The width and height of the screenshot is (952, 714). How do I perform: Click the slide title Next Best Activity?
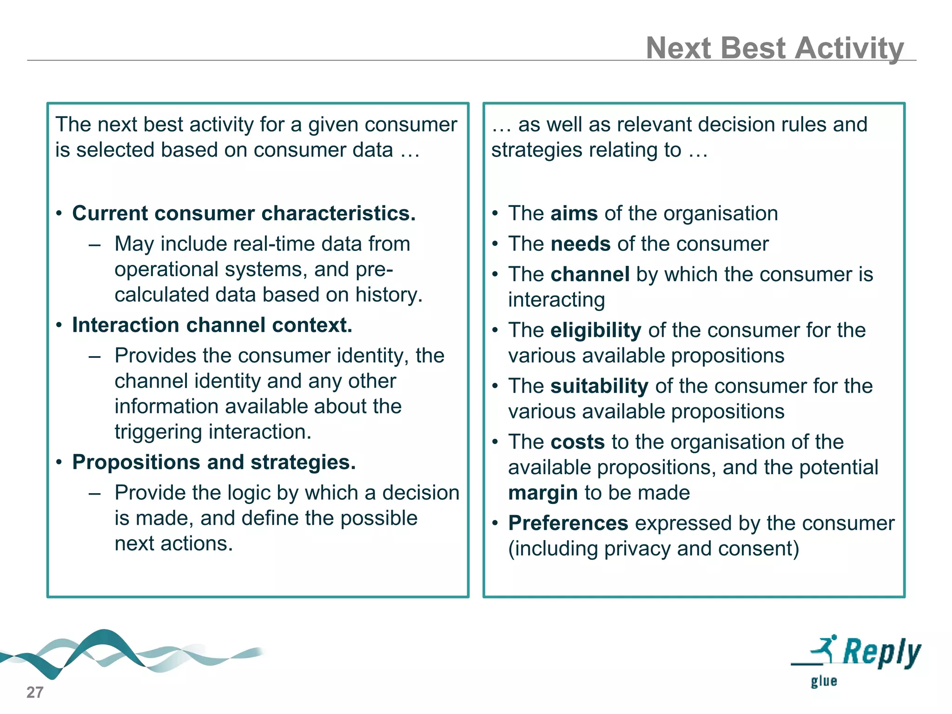[x=774, y=48]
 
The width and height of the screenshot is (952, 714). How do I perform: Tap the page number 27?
[x=35, y=692]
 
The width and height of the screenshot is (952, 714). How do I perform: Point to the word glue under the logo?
[x=824, y=681]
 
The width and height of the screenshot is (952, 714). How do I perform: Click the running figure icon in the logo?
[x=825, y=648]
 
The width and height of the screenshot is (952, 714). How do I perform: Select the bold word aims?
[x=574, y=213]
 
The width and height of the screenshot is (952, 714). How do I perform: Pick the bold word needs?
[x=580, y=244]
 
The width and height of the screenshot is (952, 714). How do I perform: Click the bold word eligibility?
[x=595, y=330]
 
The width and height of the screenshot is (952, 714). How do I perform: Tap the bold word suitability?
[x=599, y=386]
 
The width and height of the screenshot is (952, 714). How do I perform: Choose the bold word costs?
[x=577, y=442]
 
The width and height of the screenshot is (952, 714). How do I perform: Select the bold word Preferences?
[x=568, y=523]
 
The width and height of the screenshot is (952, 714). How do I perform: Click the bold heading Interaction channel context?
[x=212, y=325]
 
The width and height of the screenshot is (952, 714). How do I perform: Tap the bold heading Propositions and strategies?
[x=214, y=462]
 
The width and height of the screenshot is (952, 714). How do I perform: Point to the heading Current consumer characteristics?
[x=244, y=213]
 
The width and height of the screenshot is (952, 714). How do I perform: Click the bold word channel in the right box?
[x=590, y=274]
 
